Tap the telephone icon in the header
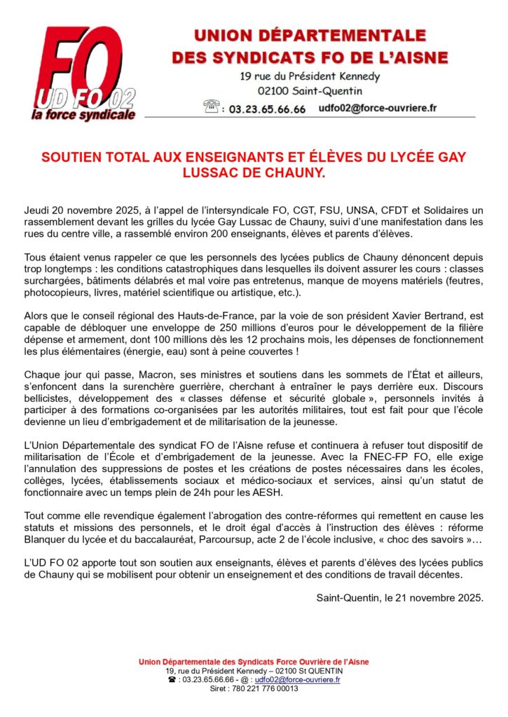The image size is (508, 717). click(210, 107)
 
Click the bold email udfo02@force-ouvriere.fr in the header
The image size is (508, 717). click(378, 108)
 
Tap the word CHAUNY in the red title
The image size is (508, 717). click(291, 172)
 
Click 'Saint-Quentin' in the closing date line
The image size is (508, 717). click(348, 597)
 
